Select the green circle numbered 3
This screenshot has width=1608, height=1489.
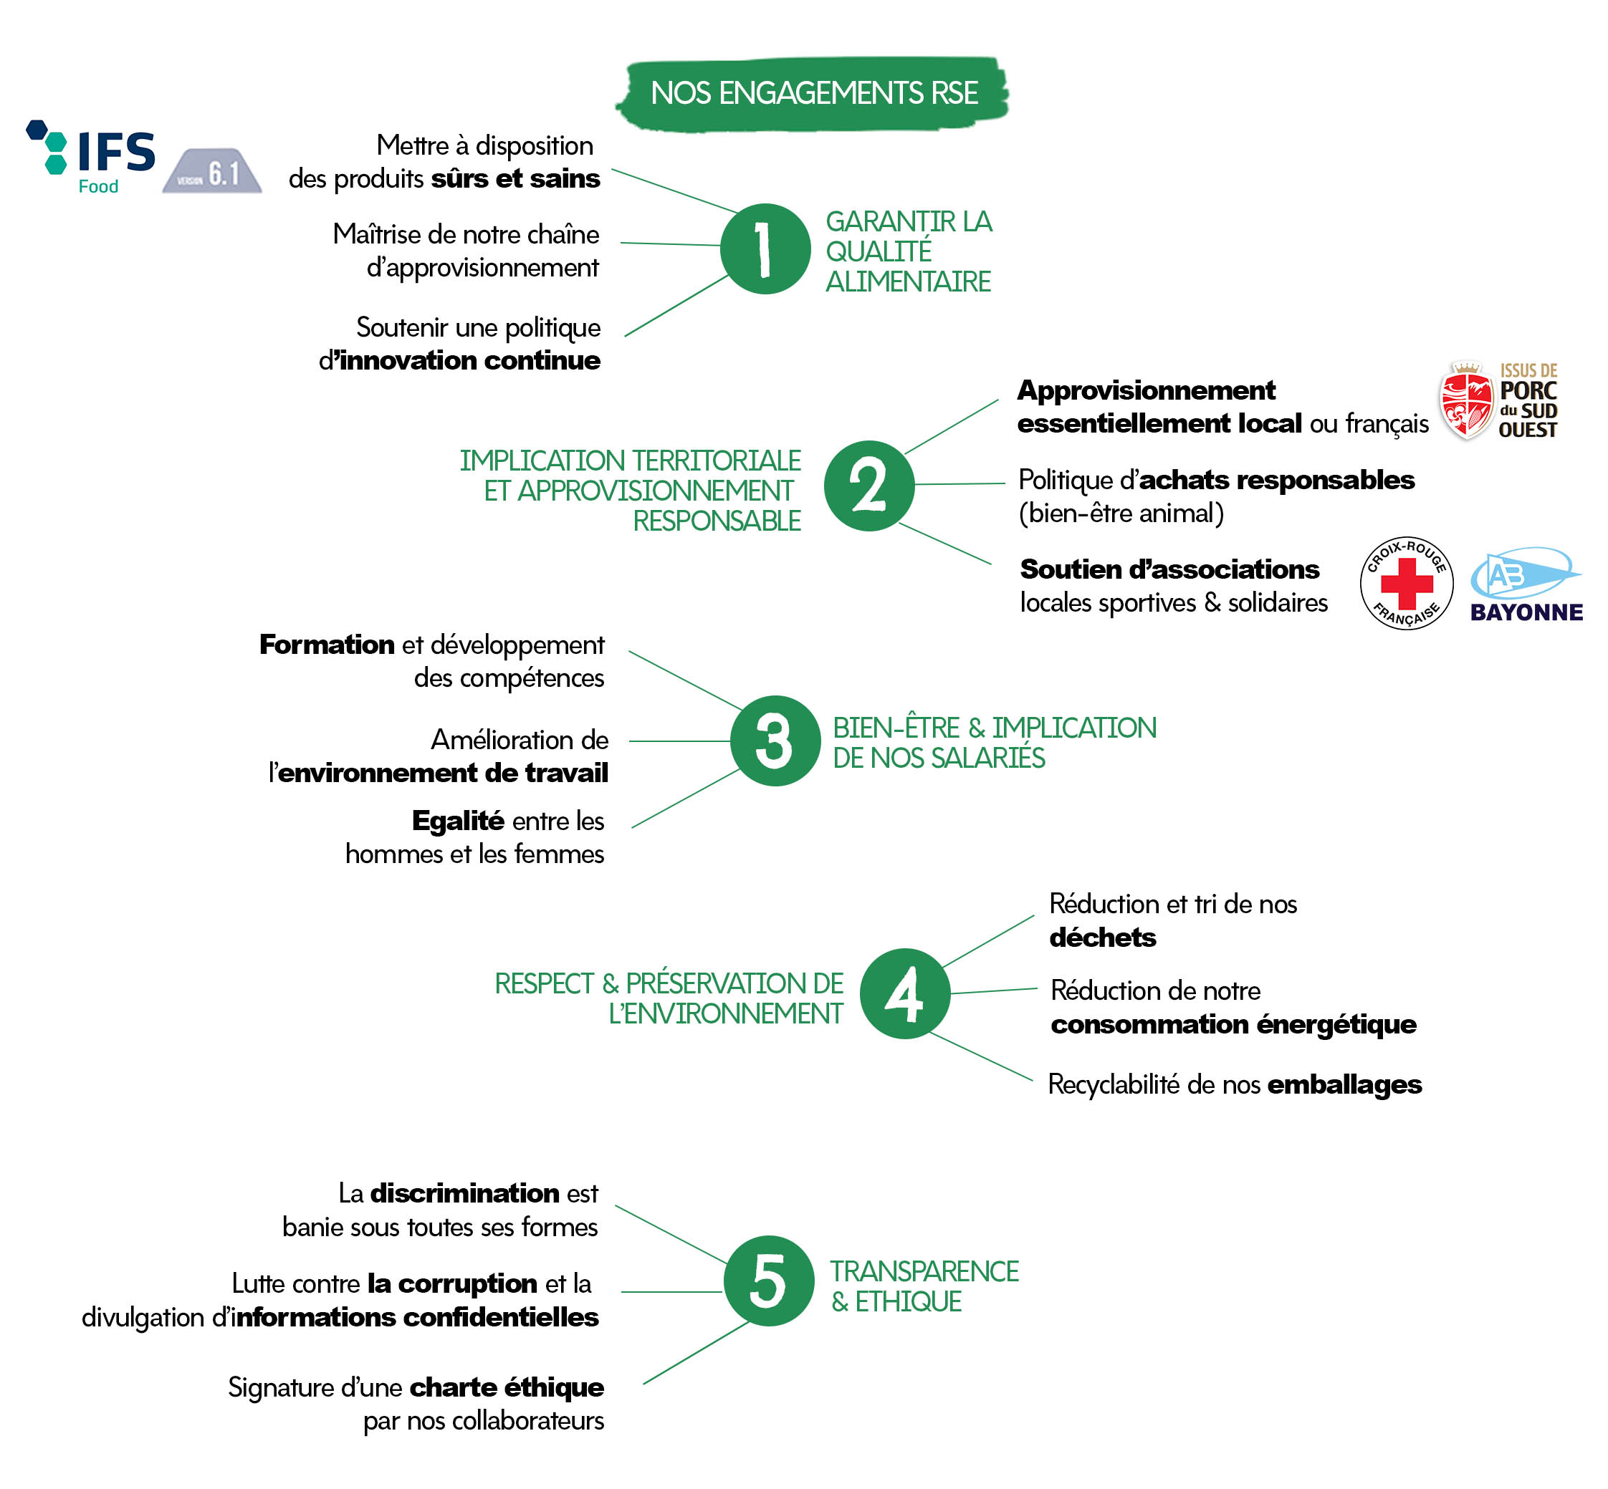point(775,740)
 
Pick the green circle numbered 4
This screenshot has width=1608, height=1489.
point(904,993)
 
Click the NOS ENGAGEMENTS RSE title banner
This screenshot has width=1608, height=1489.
point(813,92)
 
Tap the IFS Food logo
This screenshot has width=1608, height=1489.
point(90,157)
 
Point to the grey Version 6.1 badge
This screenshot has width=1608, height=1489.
point(212,170)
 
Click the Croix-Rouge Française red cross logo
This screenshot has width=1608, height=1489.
point(1406,582)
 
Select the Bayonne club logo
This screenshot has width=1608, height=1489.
point(1526,584)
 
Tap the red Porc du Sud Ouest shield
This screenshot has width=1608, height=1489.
point(1465,400)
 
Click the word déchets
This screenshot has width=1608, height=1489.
point(1102,937)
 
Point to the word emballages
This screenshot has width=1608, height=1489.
point(1344,1084)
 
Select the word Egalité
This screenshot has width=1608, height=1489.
point(458,820)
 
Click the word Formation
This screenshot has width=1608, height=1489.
point(327,645)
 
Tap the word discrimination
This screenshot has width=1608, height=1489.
point(464,1192)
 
